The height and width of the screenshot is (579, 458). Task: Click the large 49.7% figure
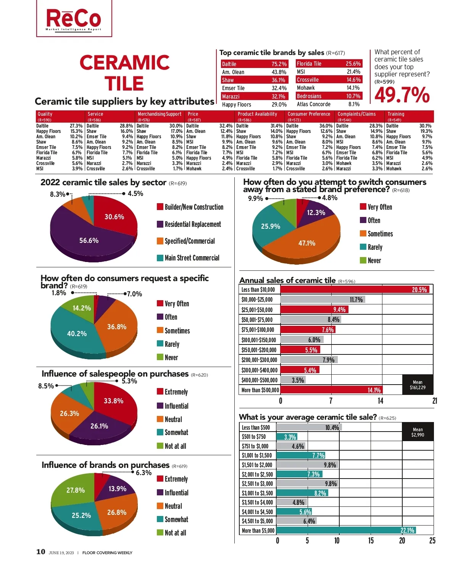pos(402,95)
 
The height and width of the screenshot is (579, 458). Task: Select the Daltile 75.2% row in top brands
pos(254,64)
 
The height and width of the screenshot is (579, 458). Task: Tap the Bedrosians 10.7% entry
pos(329,96)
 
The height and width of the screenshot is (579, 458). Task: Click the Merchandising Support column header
pos(160,114)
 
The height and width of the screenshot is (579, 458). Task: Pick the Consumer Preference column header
pos(309,114)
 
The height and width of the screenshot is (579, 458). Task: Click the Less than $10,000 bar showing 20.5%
pos(355,289)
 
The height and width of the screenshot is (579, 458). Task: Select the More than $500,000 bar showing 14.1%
pos(331,390)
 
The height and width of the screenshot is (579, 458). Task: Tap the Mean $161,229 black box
pos(418,385)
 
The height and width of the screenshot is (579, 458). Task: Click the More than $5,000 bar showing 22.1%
pos(346,530)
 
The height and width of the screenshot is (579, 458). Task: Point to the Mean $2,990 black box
pos(418,432)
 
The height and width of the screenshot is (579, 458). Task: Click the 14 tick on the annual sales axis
pos(380,401)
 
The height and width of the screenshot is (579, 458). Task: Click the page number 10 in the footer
pos(40,552)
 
